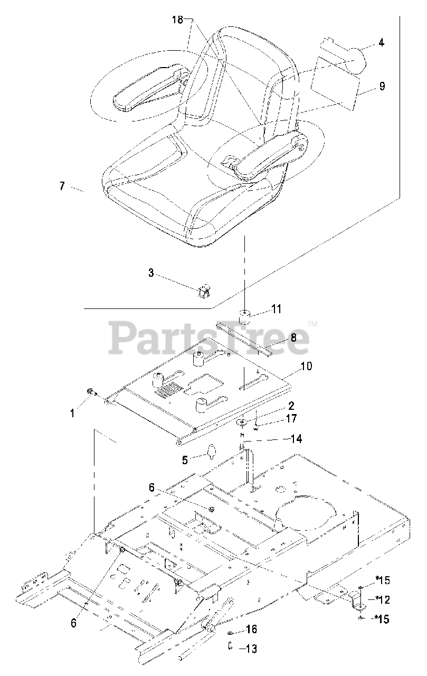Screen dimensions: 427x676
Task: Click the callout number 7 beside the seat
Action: (62, 187)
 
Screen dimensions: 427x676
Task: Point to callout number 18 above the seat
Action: (177, 20)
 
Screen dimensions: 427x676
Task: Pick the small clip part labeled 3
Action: (204, 289)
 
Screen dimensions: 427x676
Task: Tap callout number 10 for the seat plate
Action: (306, 365)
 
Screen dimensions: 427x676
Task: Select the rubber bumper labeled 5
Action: (212, 452)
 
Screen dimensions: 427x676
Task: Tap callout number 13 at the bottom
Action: (251, 649)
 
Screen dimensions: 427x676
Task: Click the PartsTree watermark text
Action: (209, 339)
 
